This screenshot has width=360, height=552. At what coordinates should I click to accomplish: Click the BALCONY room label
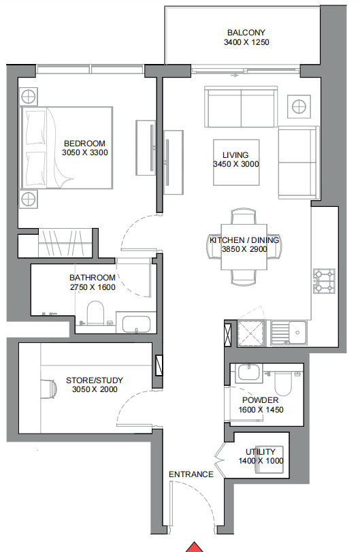246,33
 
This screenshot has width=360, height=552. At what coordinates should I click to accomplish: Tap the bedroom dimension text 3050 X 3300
85,152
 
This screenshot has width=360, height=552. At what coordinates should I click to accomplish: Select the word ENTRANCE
191,474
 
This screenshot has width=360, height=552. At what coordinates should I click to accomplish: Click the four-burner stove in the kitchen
324,281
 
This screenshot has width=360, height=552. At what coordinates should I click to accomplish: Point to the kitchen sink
289,332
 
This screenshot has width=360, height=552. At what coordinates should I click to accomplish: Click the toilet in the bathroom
95,312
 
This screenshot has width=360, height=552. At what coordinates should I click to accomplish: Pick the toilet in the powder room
283,384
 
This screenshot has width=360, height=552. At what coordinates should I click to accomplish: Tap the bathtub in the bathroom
136,324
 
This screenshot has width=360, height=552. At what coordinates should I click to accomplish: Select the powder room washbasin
249,373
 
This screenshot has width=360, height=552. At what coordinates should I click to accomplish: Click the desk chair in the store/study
49,389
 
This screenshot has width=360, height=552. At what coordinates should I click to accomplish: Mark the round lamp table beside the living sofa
299,106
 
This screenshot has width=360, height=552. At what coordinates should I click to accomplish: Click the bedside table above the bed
28,96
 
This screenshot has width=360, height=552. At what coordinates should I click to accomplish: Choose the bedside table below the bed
28,199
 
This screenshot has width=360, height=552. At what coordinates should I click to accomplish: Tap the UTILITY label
261,452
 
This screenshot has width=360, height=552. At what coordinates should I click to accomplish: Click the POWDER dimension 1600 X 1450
261,410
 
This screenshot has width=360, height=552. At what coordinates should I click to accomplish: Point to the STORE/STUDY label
95,380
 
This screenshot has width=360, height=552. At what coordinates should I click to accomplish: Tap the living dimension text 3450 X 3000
235,164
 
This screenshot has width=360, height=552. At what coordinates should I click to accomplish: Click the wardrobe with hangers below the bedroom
65,243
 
